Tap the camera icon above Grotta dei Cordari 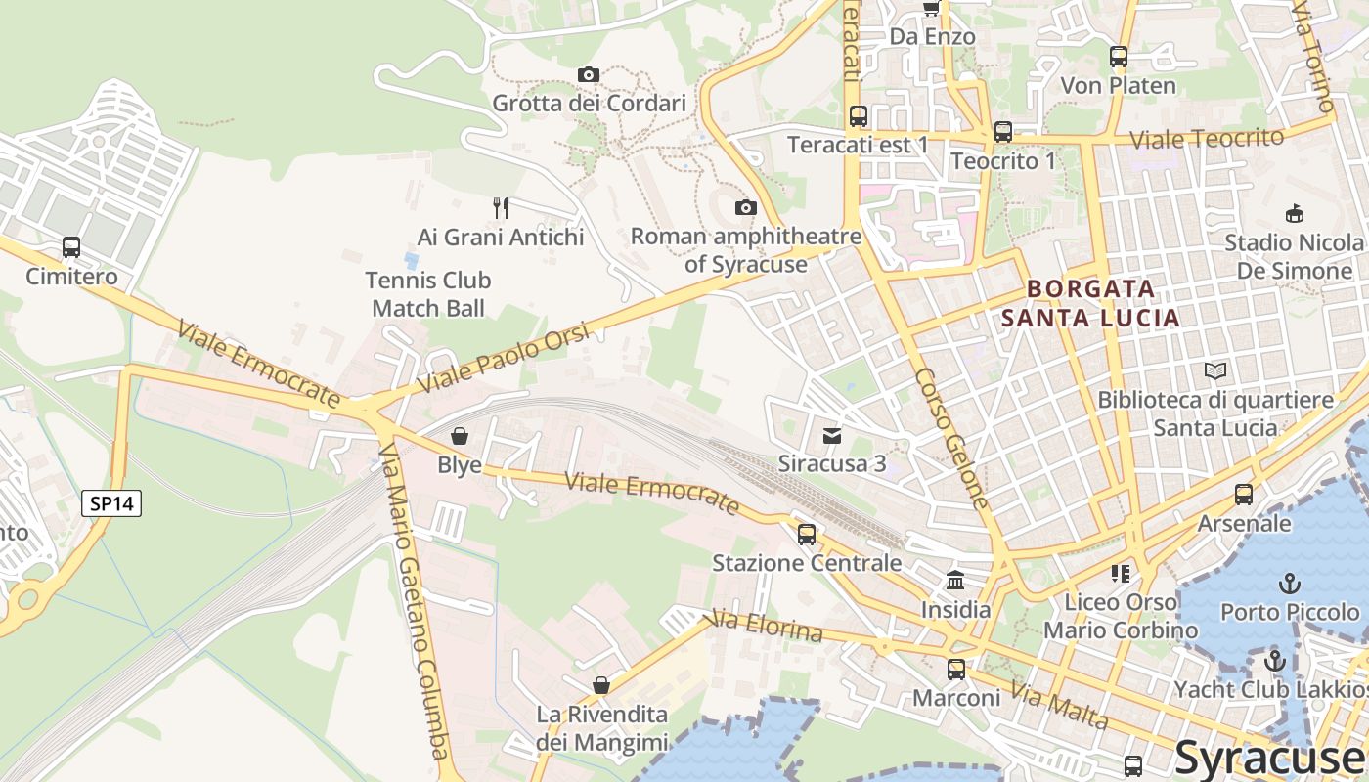tap(588, 74)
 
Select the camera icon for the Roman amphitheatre tap(746, 207)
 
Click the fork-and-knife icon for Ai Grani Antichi tap(500, 207)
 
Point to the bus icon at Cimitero tap(71, 247)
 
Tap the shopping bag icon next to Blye tap(459, 436)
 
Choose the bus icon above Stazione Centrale tap(807, 534)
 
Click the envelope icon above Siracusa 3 tap(832, 435)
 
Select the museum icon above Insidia tap(955, 581)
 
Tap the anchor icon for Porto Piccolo tap(1290, 584)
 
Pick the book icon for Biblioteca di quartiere tap(1215, 371)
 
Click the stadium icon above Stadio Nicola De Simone tap(1294, 213)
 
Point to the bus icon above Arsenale tap(1244, 495)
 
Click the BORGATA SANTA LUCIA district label tap(1091, 303)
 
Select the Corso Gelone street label tap(952, 438)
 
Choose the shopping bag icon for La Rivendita tap(601, 685)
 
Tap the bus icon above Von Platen tap(1119, 57)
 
